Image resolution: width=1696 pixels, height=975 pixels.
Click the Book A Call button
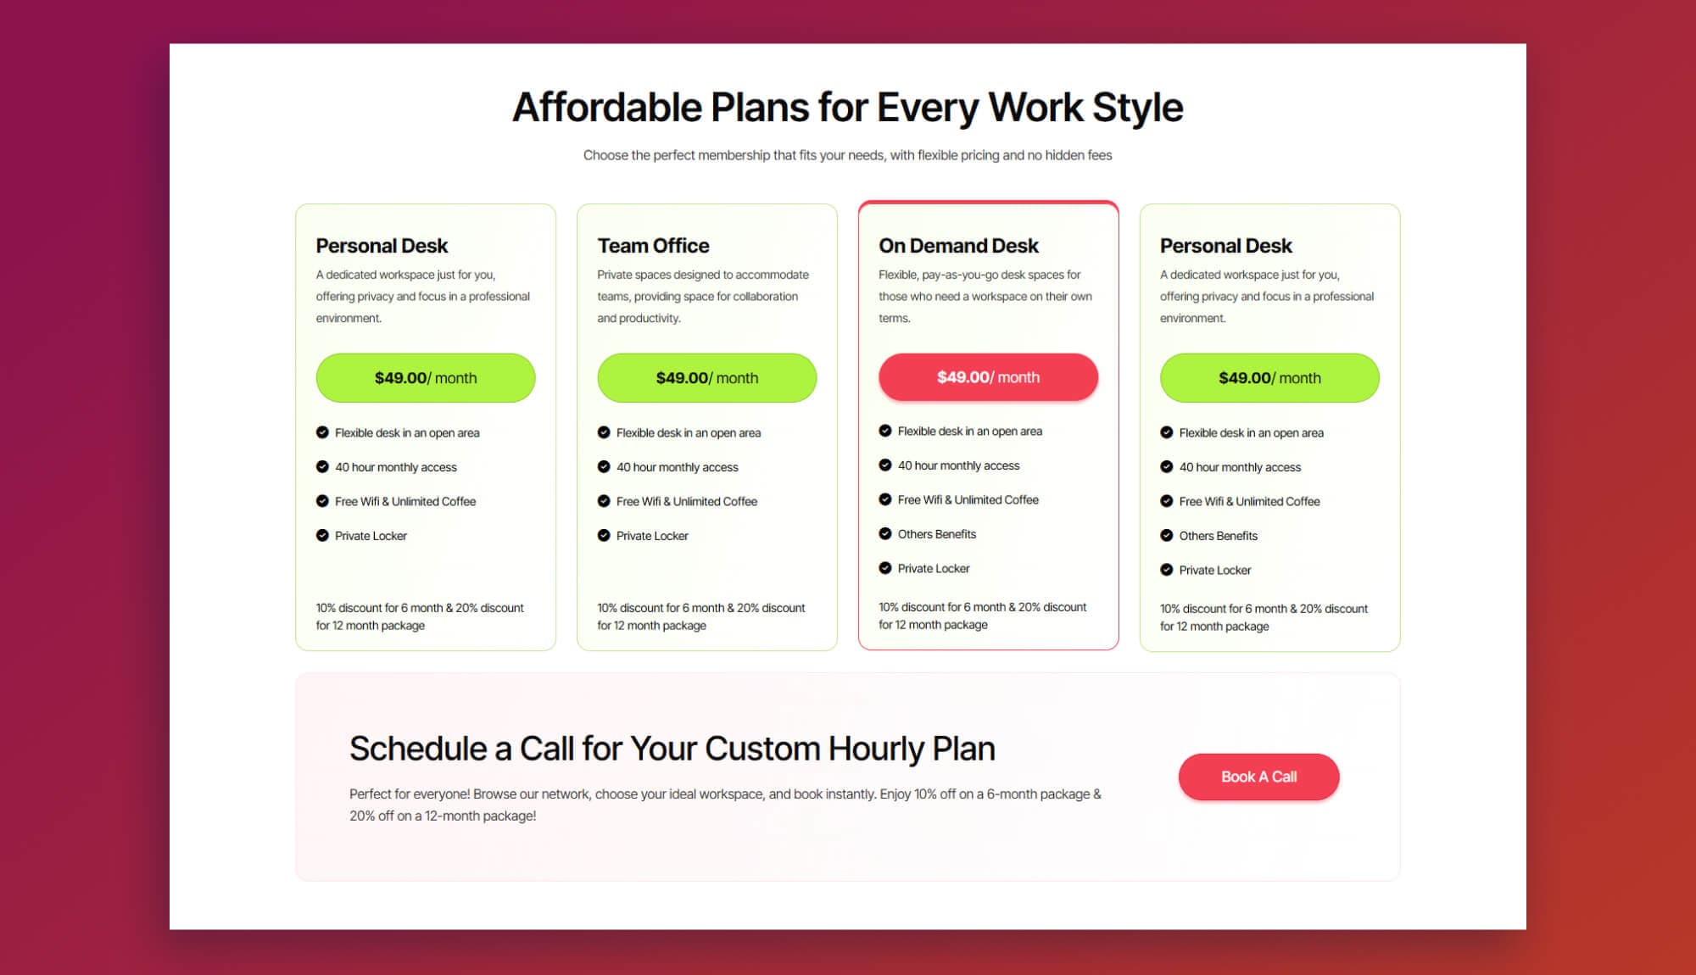click(x=1258, y=777)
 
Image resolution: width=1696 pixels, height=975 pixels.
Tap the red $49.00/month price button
click(x=988, y=377)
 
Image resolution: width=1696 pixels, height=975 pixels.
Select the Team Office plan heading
click(x=653, y=246)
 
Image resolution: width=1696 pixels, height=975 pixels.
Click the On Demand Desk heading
click(x=958, y=246)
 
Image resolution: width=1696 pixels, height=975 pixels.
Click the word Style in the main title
click(x=1137, y=108)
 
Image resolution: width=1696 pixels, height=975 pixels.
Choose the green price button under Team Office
click(x=706, y=378)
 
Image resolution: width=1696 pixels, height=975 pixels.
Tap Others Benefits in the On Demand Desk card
click(x=936, y=534)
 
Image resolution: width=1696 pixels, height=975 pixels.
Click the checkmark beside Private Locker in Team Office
click(x=604, y=536)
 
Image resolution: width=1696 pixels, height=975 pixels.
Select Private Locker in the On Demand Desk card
click(x=933, y=569)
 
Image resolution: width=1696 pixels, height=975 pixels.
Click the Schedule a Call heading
click(x=672, y=749)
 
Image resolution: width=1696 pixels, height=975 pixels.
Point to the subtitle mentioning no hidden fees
click(x=847, y=155)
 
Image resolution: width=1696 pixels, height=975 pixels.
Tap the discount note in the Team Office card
click(x=700, y=616)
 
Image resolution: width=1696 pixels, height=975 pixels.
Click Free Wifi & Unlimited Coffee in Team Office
click(x=686, y=502)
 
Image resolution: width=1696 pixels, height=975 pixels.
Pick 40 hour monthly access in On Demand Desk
click(x=958, y=465)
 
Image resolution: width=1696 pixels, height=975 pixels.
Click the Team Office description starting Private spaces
click(x=702, y=297)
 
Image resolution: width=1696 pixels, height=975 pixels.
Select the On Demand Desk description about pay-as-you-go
click(x=985, y=297)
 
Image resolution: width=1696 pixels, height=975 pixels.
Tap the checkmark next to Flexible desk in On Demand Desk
click(x=885, y=431)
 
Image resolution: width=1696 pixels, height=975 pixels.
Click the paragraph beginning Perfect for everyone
click(x=725, y=805)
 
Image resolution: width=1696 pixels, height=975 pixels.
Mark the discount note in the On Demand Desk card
click(x=982, y=616)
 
